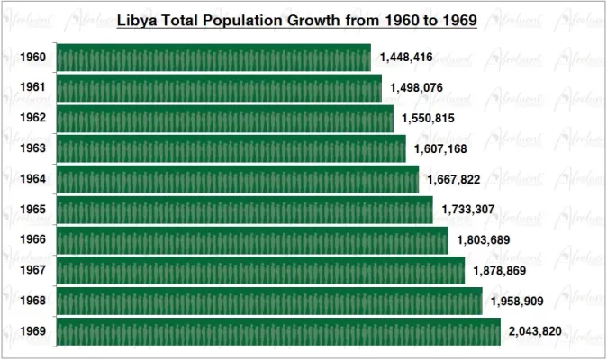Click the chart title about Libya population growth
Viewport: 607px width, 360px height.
click(297, 19)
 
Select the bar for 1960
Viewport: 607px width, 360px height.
click(213, 58)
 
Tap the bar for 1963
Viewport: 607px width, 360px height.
click(231, 148)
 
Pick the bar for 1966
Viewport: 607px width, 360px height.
click(252, 240)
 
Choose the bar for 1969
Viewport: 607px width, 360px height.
click(278, 331)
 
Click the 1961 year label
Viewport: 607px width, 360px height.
click(33, 88)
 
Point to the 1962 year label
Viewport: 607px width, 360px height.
click(33, 119)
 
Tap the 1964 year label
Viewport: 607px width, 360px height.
click(33, 179)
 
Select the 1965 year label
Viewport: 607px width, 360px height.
click(33, 210)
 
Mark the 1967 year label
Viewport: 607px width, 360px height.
click(33, 270)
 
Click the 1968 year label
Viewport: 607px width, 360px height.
click(33, 301)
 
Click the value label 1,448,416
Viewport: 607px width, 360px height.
click(406, 58)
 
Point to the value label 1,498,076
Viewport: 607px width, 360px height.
click(417, 88)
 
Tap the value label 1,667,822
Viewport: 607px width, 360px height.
click(454, 179)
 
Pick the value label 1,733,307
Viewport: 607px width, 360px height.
click(468, 210)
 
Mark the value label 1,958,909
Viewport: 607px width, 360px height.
click(517, 301)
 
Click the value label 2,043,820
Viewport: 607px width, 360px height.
click(535, 331)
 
